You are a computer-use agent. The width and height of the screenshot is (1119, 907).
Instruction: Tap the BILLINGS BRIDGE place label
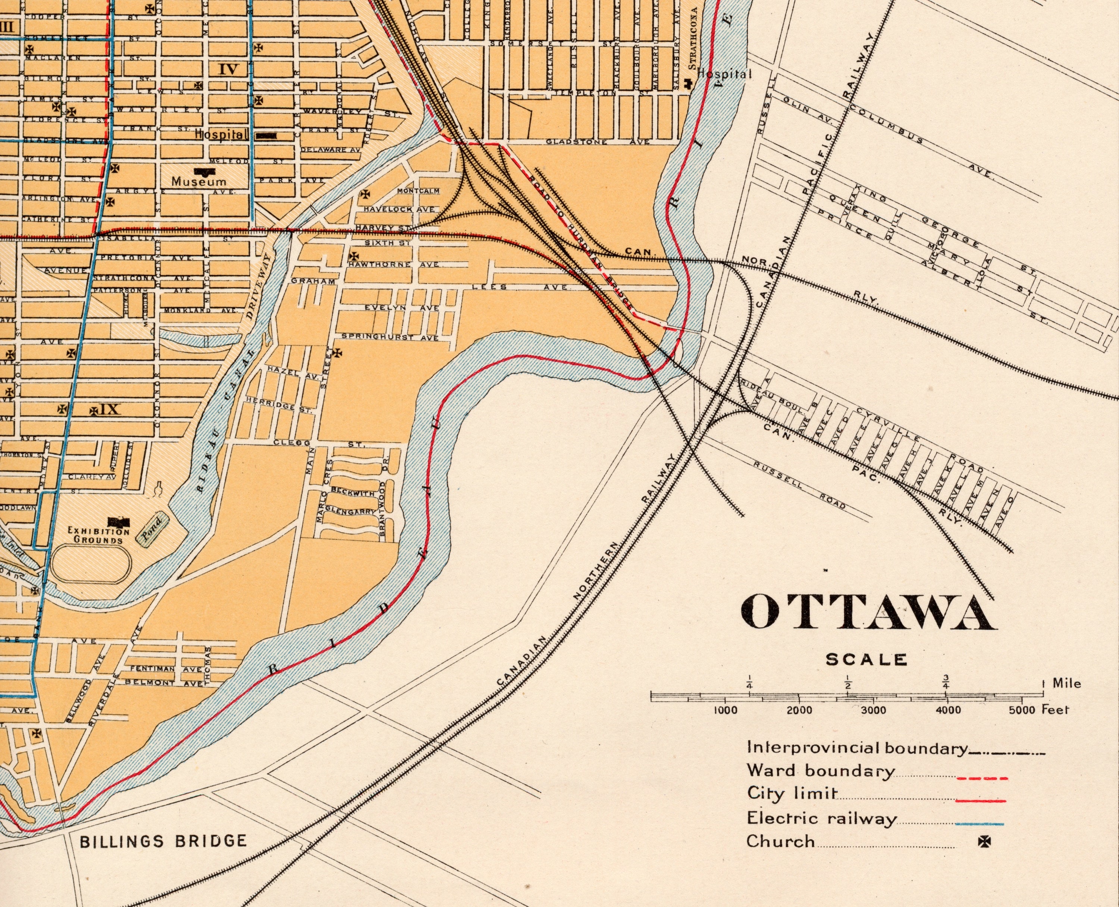[163, 841]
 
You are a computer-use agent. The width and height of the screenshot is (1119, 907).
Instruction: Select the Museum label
[199, 182]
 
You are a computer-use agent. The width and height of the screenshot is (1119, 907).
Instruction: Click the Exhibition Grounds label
[98, 535]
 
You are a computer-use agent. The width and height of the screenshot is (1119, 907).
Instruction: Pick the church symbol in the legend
[985, 842]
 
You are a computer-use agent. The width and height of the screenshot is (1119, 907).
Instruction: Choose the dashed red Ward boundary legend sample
[982, 779]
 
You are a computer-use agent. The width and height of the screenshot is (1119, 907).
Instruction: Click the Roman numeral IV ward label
[228, 69]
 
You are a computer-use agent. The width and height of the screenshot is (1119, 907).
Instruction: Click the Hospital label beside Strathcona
[725, 74]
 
